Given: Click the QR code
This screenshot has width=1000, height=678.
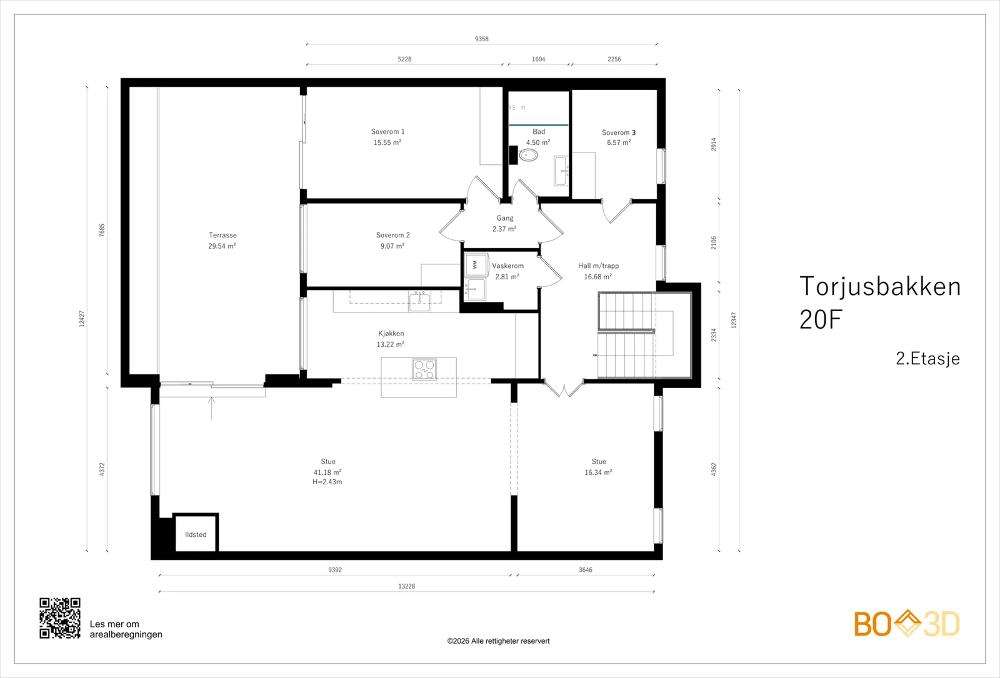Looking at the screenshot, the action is coord(60,618).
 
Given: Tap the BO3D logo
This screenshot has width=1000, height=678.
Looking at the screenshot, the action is coord(907,624).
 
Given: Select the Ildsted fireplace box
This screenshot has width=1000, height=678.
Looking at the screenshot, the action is coord(196,533).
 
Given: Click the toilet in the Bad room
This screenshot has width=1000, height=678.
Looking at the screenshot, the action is coord(528,156).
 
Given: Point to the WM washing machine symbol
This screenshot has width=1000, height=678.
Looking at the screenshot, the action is coord(475,265).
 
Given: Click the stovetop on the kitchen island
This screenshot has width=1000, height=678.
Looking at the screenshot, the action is coord(424,369).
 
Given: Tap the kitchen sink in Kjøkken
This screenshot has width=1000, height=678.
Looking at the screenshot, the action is coord(419,301).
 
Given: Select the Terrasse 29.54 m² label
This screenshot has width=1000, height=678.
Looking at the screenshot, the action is coord(222,241).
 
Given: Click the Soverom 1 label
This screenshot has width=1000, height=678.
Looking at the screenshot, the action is coord(388,132).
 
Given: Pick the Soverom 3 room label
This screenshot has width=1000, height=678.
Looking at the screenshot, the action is coord(619,132).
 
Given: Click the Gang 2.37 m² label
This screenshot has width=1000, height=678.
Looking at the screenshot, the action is coord(505,223).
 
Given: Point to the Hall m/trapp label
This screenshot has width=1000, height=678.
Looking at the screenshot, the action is coord(599,266).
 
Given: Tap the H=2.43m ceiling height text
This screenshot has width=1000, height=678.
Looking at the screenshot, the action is coord(327,482).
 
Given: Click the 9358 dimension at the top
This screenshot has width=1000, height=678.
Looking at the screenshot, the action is coord(482,39).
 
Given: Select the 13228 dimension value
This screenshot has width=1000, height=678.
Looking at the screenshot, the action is coord(407,586).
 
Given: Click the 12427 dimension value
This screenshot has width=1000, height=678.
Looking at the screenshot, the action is coord(82,319).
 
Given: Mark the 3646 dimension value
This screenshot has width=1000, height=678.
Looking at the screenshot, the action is coord(586,569).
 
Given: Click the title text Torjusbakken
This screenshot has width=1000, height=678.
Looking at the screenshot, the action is coord(880,286).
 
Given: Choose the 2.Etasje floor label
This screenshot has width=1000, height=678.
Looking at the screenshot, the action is coord(927,359).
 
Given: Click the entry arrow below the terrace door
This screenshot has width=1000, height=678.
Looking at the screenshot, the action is coord(212,408).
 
